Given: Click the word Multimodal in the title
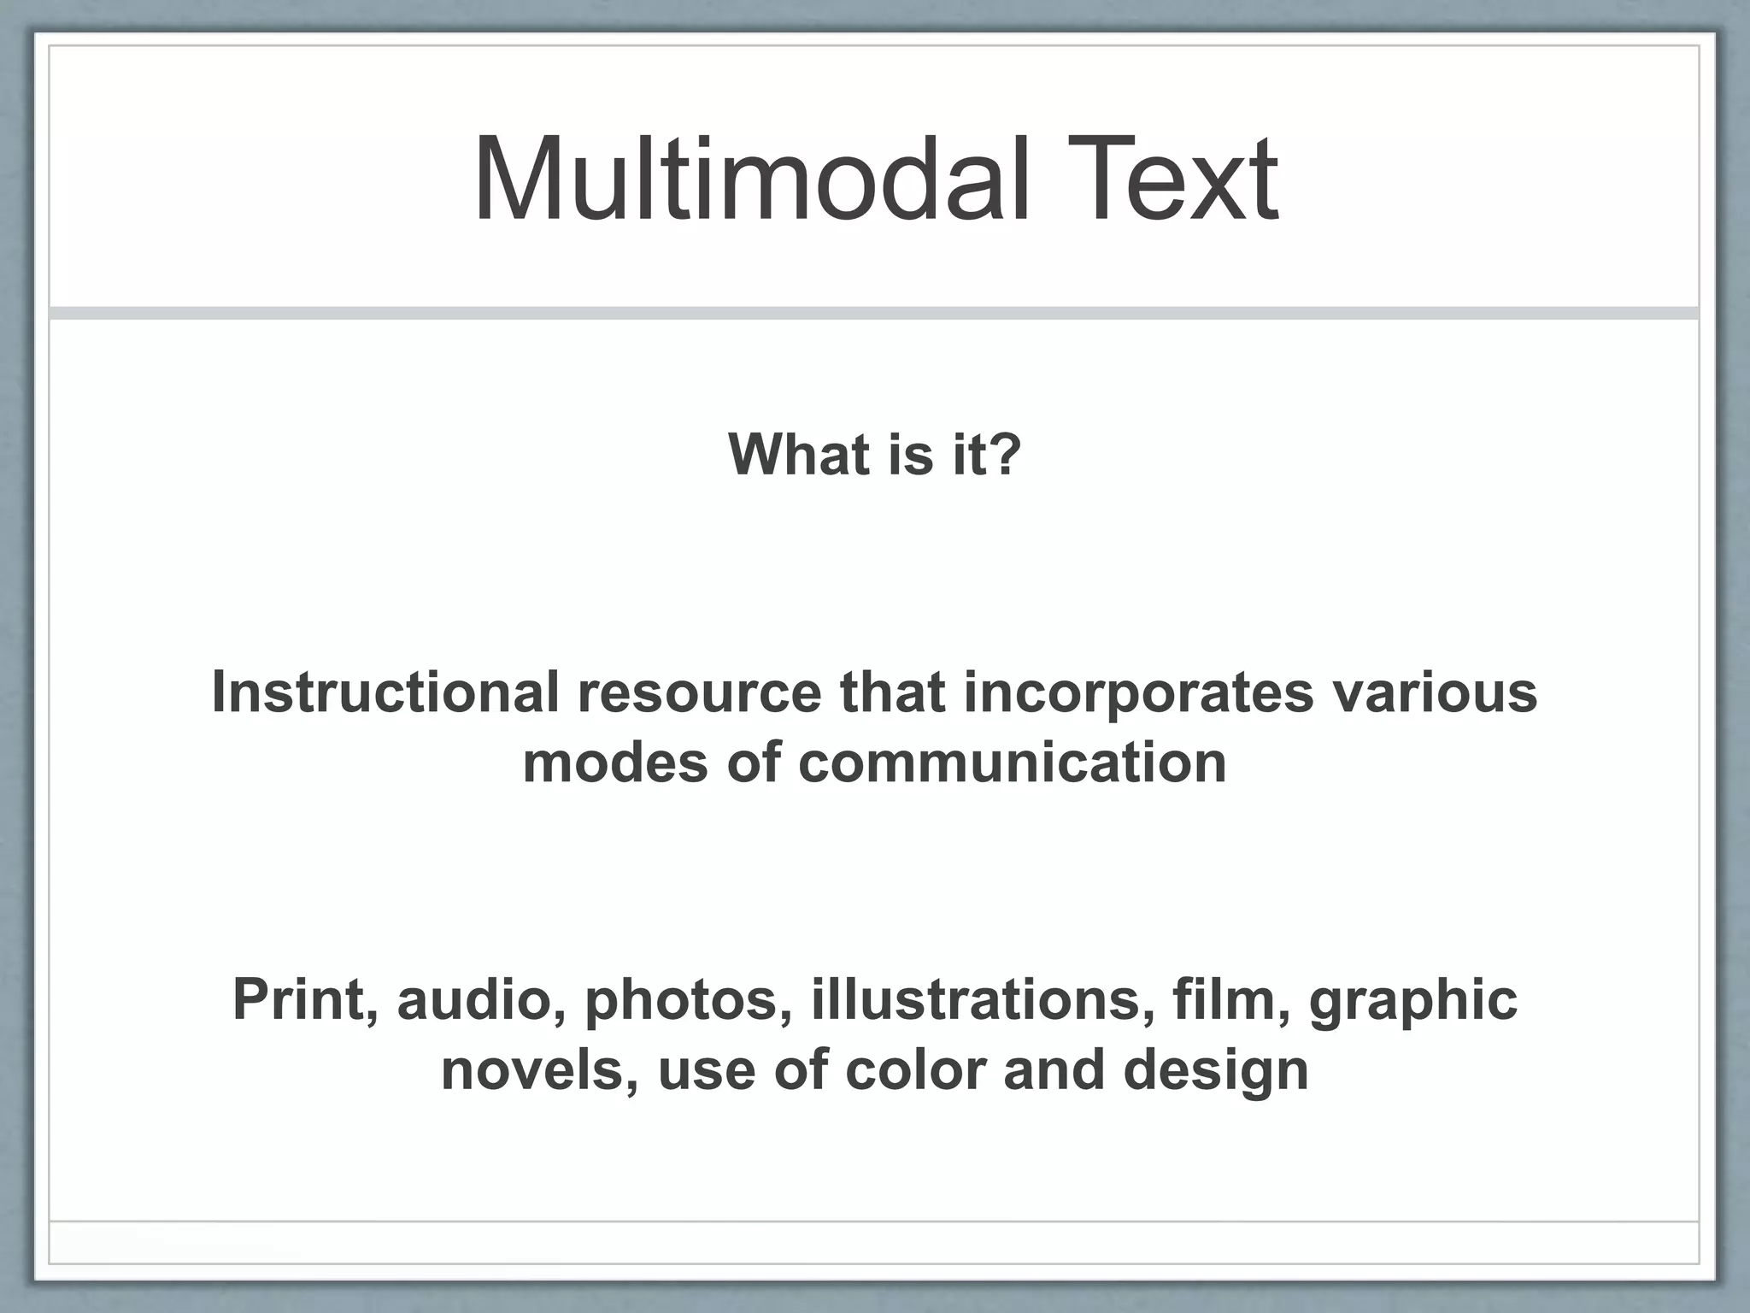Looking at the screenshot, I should pos(750,179).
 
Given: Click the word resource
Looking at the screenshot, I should pos(699,692).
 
